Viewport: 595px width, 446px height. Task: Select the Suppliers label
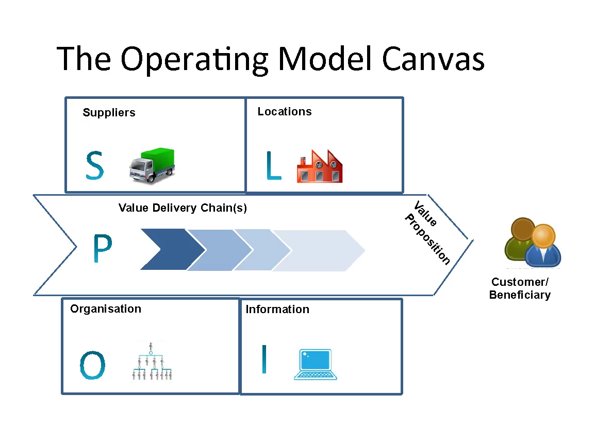point(109,113)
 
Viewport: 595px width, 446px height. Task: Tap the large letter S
point(94,165)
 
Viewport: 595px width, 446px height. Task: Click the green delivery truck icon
point(152,165)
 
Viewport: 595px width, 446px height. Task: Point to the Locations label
point(285,112)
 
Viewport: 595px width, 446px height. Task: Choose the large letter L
point(273,165)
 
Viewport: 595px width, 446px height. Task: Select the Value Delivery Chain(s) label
point(183,208)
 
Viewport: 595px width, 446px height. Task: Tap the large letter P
point(102,249)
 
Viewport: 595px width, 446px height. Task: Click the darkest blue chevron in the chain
point(170,250)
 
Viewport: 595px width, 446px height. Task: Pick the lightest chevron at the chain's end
point(325,250)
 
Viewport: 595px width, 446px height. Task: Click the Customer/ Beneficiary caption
point(520,288)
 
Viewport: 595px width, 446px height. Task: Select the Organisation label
point(106,309)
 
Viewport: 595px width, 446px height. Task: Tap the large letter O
point(93,365)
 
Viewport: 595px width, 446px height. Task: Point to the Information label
point(277,310)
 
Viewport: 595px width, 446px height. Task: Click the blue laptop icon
point(316,364)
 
